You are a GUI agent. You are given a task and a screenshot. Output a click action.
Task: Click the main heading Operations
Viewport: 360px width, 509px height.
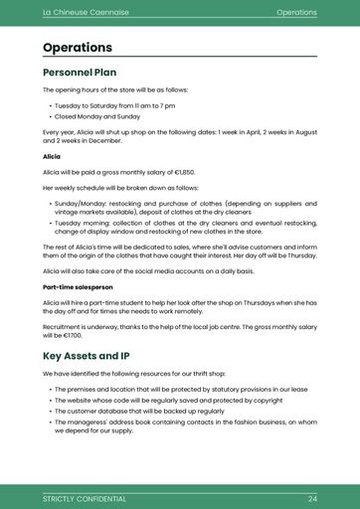point(78,48)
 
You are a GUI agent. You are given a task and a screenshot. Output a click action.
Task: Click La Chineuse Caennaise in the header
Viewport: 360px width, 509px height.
point(85,13)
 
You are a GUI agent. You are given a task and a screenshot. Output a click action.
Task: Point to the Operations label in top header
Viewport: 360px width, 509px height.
point(296,13)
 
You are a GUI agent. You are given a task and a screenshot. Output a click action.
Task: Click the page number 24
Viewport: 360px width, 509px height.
point(312,498)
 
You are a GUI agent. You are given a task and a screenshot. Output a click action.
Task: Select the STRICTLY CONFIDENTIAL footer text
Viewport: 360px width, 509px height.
point(85,498)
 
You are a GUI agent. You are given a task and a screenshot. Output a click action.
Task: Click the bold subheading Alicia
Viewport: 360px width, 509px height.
point(52,157)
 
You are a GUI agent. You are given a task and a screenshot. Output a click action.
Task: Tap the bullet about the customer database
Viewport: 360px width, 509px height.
point(139,411)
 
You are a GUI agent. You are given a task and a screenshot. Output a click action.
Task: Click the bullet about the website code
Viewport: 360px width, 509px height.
point(169,400)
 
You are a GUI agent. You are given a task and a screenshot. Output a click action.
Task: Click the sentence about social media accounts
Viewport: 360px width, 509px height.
point(149,270)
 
